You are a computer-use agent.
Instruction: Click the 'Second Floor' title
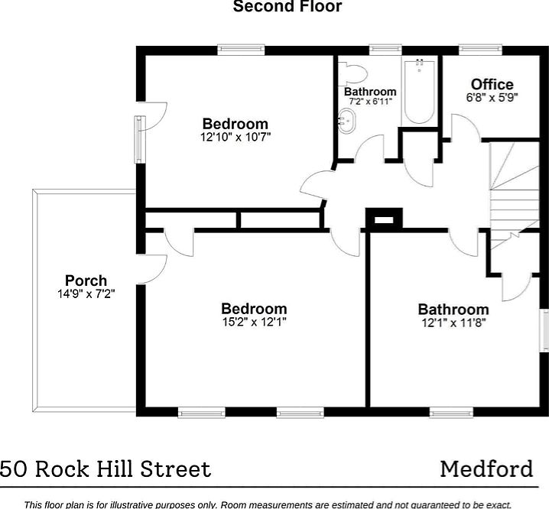click(x=287, y=7)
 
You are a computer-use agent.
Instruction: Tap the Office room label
click(x=492, y=84)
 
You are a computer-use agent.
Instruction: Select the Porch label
click(x=86, y=280)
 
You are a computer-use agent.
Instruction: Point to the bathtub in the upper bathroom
click(x=419, y=92)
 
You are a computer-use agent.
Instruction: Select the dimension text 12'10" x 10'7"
click(x=236, y=138)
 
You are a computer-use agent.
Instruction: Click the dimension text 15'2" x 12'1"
click(x=254, y=322)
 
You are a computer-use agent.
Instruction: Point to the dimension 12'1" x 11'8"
click(x=453, y=322)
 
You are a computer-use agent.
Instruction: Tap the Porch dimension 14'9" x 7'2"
click(x=86, y=293)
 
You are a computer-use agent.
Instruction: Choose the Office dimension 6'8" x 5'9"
click(x=492, y=98)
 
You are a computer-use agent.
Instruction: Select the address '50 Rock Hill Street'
click(x=106, y=468)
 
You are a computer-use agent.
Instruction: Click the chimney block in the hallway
click(x=383, y=219)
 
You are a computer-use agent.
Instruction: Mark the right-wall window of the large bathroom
click(x=544, y=329)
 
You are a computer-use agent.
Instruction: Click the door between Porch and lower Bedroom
click(x=154, y=267)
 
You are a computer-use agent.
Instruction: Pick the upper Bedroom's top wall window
click(x=241, y=50)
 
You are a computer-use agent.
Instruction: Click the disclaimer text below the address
click(x=275, y=504)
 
